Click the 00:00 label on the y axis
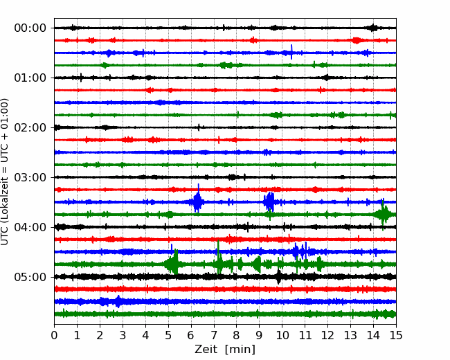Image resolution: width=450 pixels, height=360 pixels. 30,28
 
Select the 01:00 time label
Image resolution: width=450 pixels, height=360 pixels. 30,78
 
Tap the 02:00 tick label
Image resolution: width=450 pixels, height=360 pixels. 30,127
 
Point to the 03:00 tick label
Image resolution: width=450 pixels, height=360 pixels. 30,177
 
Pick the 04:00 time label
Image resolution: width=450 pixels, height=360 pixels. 30,227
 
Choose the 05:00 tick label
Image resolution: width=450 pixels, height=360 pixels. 30,277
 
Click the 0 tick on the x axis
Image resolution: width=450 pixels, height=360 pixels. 54,335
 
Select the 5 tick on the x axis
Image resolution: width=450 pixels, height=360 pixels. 168,335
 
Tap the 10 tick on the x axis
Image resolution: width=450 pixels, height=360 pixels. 282,335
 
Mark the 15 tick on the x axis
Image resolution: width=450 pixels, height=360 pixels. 396,335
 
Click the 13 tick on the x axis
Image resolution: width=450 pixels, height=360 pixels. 350,335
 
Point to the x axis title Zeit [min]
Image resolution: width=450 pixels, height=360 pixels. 225,350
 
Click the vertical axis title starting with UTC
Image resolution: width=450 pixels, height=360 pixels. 4,172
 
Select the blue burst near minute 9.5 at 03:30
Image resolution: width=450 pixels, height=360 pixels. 269,201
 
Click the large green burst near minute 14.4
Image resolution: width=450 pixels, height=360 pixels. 384,215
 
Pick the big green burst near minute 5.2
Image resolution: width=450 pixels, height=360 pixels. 173,264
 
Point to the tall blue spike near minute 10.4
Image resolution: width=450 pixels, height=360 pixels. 291,52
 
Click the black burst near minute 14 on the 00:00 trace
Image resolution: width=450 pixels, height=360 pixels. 372,28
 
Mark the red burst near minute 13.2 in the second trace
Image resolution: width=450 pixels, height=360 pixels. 356,40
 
